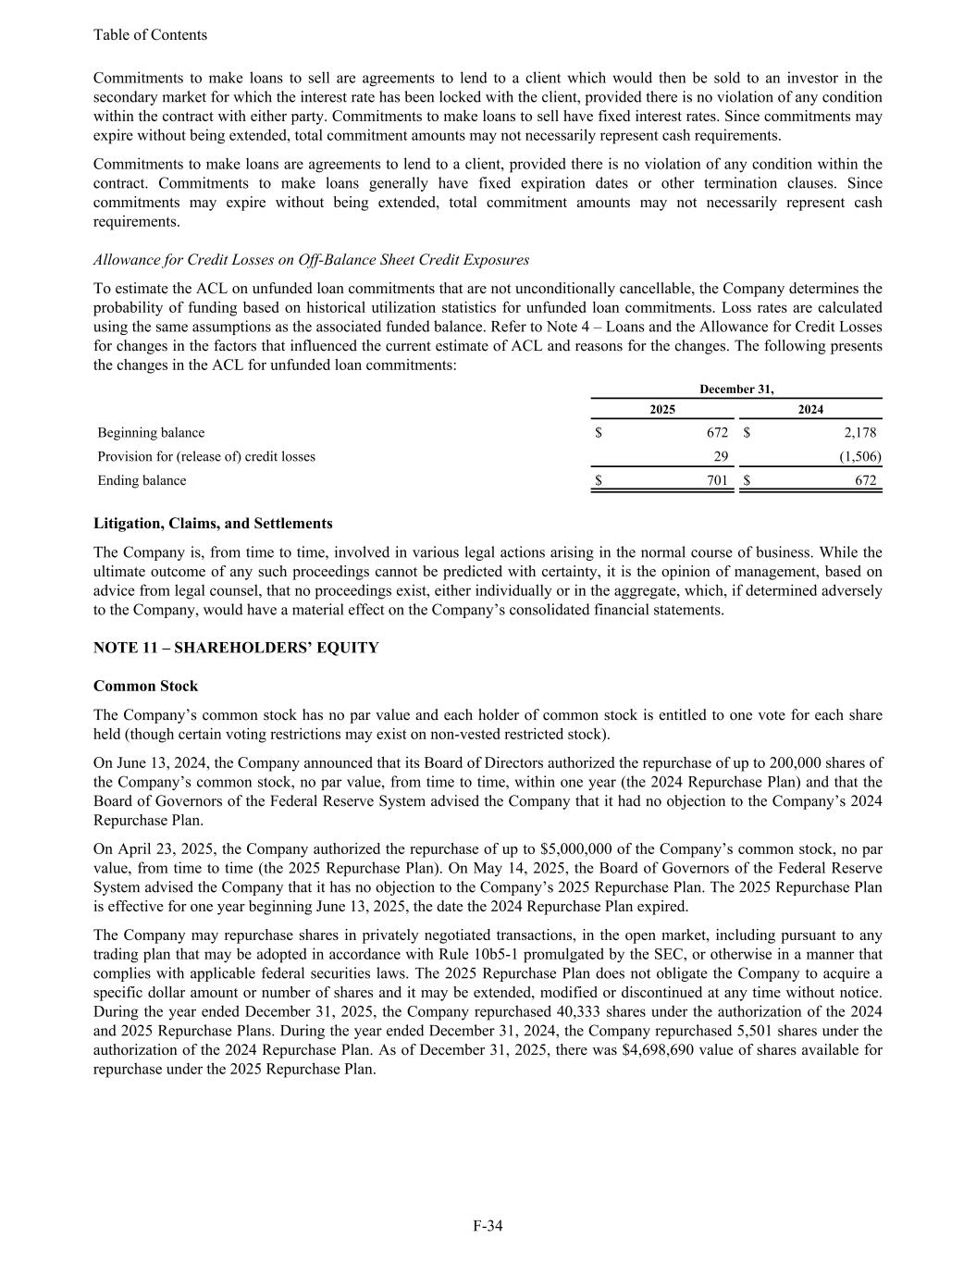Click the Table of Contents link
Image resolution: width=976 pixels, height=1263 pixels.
click(150, 35)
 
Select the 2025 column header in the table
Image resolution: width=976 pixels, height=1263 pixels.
click(661, 409)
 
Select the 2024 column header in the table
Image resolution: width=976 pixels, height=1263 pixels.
click(810, 409)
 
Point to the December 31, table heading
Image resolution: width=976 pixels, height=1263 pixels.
click(736, 390)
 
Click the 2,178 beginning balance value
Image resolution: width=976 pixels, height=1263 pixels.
click(860, 433)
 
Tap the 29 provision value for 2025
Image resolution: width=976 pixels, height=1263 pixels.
click(721, 457)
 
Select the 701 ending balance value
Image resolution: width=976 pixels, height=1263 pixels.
click(716, 481)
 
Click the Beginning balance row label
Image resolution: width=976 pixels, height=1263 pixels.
click(152, 433)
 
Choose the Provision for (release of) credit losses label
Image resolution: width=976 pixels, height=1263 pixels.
click(206, 457)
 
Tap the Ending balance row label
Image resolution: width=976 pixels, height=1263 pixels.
click(142, 481)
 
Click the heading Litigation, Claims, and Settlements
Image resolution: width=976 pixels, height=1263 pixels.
click(213, 524)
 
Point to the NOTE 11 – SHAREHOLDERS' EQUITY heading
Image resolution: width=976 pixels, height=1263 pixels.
click(236, 648)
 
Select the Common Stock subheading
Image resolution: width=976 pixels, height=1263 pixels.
click(145, 687)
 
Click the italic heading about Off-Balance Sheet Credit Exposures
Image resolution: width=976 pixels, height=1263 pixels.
click(311, 259)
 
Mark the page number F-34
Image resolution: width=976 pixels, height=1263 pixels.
click(488, 1227)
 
